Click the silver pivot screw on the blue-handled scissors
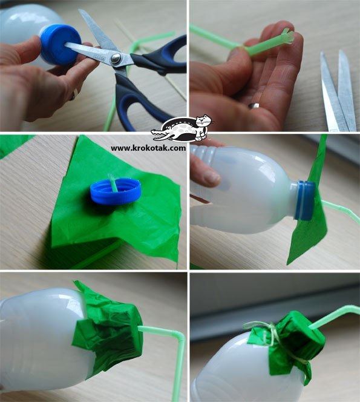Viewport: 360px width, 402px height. click(116, 58)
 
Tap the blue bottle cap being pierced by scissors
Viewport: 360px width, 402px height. click(61, 44)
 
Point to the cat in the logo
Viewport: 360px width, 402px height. click(203, 127)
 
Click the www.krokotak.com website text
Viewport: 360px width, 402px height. click(148, 148)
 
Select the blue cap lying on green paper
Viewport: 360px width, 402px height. click(116, 191)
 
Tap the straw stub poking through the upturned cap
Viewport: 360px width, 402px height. click(113, 182)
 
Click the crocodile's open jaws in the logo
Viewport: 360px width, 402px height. click(159, 135)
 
